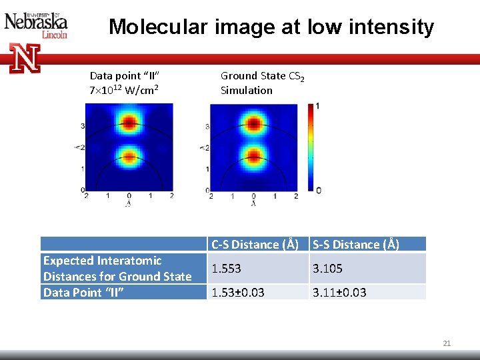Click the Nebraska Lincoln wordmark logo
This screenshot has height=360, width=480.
click(36, 25)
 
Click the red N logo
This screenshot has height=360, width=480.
click(25, 58)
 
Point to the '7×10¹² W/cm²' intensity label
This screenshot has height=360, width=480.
click(123, 90)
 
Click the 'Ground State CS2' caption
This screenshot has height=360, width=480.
click(263, 76)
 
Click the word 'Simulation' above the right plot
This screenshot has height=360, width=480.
click(247, 90)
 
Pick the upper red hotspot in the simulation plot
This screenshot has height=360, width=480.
click(253, 123)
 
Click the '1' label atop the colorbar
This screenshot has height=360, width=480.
click(318, 106)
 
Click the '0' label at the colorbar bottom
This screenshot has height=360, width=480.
click(318, 191)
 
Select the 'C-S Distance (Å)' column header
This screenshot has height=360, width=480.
click(255, 245)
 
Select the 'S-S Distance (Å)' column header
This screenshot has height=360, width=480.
click(356, 245)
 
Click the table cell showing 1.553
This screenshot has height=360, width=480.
click(227, 269)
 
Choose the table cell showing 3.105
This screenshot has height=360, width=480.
click(327, 269)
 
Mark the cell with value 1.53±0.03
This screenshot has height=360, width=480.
click(238, 293)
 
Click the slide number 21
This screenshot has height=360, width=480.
click(447, 343)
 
